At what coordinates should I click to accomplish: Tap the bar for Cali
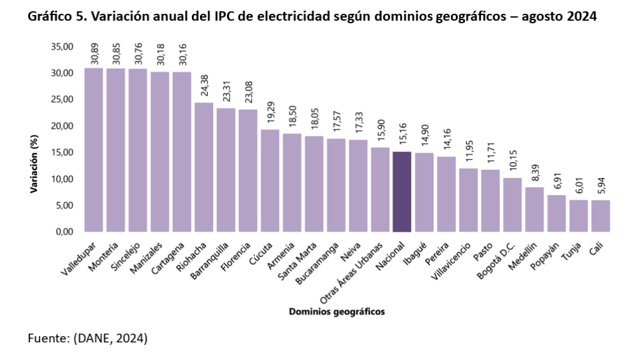[x=601, y=216]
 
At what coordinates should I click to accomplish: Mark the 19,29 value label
[x=270, y=114]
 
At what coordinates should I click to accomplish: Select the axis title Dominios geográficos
[x=336, y=312]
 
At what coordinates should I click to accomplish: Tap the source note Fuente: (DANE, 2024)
[x=87, y=339]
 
